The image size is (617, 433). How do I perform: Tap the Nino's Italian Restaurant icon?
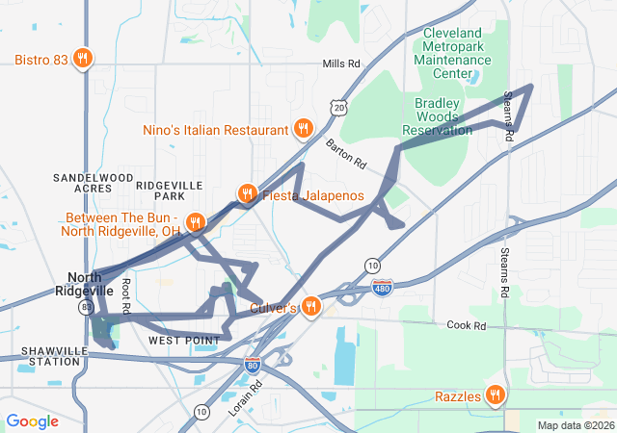click(x=304, y=129)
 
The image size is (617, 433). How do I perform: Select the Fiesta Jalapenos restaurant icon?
click(x=248, y=194)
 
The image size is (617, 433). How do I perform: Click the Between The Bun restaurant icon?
click(x=195, y=223)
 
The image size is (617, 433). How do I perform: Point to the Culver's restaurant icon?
click(x=310, y=307)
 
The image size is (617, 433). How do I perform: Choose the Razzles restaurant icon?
click(x=495, y=395)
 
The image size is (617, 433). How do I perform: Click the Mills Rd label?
click(x=341, y=64)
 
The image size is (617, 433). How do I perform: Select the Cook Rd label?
click(x=466, y=325)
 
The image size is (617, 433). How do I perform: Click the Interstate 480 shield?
click(x=383, y=288)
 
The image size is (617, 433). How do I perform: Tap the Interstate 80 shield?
click(x=253, y=365)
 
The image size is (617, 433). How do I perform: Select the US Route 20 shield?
click(x=336, y=108)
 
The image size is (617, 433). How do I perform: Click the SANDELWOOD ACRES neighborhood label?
click(x=94, y=184)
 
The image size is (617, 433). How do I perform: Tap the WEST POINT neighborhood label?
click(x=177, y=341)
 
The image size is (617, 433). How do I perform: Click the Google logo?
click(x=33, y=421)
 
